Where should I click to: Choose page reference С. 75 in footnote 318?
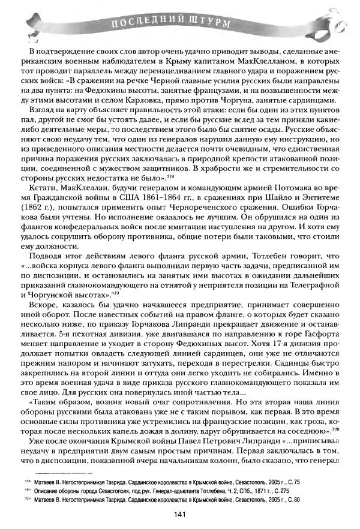tap(292, 481)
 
